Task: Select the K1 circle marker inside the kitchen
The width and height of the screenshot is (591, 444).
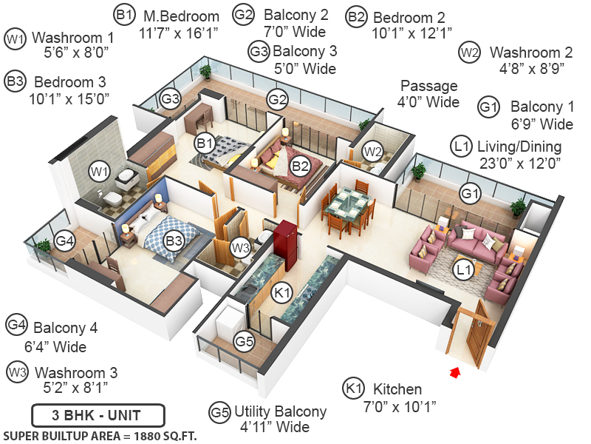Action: tap(280, 292)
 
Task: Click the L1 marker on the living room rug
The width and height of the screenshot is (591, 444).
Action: tap(463, 270)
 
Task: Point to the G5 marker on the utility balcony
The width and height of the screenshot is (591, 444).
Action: tap(244, 341)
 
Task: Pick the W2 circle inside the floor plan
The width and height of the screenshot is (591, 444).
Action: tap(373, 152)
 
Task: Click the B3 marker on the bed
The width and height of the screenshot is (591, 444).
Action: tap(174, 240)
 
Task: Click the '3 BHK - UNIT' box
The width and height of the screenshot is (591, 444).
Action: tap(98, 414)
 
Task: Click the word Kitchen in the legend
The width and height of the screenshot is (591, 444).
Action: tap(397, 389)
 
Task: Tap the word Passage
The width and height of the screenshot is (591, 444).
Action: tap(428, 86)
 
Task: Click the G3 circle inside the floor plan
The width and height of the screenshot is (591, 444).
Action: tap(171, 98)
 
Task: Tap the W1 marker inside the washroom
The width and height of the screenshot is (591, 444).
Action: tap(99, 172)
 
